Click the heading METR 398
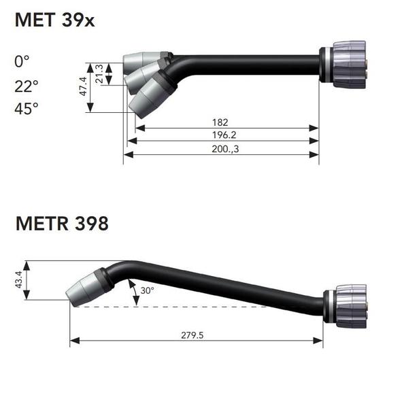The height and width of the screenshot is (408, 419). point(62,224)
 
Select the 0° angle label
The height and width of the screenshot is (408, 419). point(22,62)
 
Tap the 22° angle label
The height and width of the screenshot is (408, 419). point(27,86)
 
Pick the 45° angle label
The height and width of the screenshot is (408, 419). point(27,109)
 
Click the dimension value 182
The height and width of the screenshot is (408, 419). point(220,122)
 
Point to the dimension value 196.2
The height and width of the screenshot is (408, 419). point(220,135)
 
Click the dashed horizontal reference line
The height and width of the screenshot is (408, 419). point(204,307)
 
